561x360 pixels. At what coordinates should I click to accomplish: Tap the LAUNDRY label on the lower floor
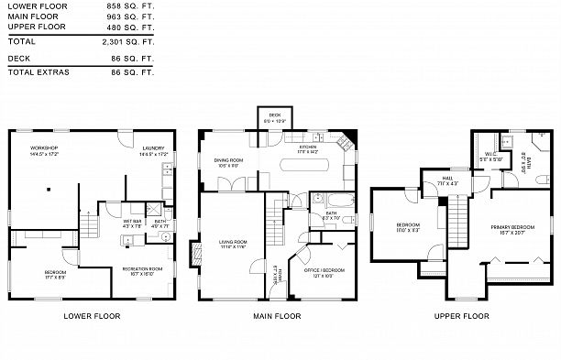point(152,149)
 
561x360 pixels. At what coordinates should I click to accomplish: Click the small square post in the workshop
point(49,191)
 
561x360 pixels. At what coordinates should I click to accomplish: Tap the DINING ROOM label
point(229,163)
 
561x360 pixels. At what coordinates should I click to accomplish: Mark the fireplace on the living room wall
point(193,251)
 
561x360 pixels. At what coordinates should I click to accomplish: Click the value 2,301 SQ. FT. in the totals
point(130,41)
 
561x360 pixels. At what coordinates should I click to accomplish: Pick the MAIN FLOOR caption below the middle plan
point(276,316)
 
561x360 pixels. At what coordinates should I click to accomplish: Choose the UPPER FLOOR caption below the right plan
point(462,316)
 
